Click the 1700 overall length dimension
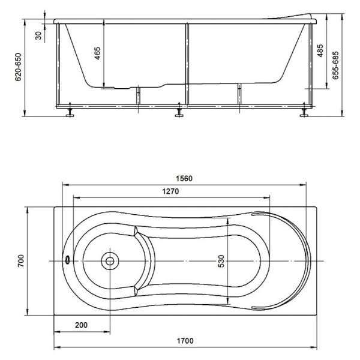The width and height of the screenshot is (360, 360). pyautogui.click(x=185, y=341)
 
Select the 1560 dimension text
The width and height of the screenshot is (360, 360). pyautogui.click(x=184, y=178)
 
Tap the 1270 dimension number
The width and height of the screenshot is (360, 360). pyautogui.click(x=170, y=191)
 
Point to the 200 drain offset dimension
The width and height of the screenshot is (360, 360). pyautogui.click(x=81, y=325)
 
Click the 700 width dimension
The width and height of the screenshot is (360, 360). pyautogui.click(x=21, y=261)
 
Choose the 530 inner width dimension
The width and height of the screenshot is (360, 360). pyautogui.click(x=221, y=261)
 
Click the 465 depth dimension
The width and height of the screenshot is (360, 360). pyautogui.click(x=98, y=53)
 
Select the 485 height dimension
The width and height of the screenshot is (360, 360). pyautogui.click(x=320, y=50)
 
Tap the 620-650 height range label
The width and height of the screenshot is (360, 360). pyautogui.click(x=18, y=67)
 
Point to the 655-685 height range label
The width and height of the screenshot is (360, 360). pyautogui.click(x=335, y=65)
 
